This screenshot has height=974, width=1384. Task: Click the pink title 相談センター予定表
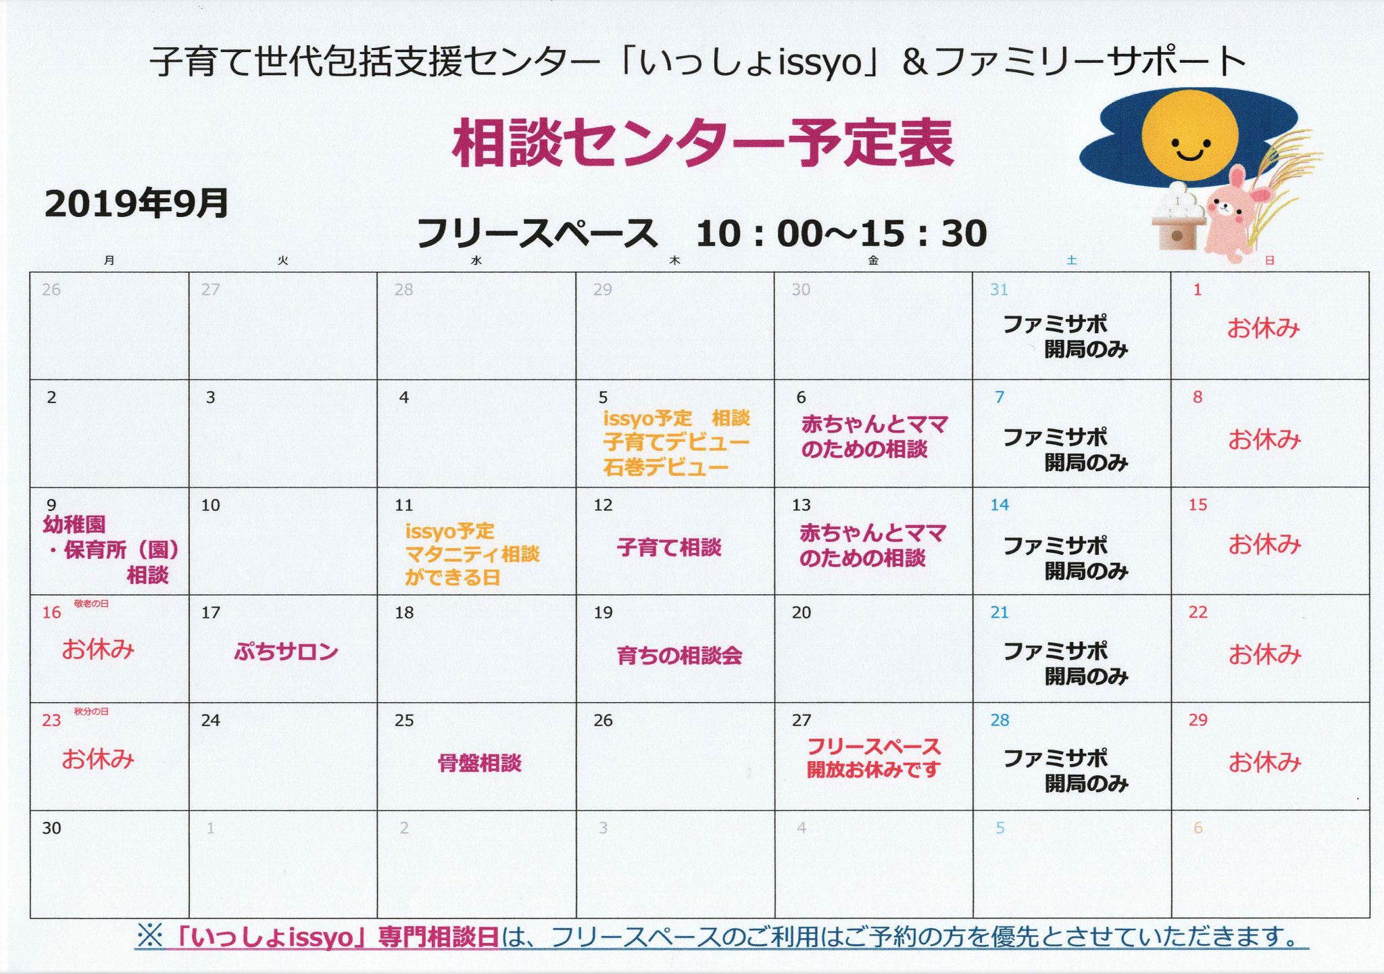click(703, 143)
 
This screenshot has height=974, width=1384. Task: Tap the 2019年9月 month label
click(137, 203)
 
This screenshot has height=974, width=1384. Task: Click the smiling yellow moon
click(1189, 137)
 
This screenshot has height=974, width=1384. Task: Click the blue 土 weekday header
click(1071, 260)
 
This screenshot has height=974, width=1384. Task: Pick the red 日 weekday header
click(1269, 260)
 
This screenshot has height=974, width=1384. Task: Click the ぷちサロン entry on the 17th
click(286, 652)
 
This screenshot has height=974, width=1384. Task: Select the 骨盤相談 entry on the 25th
click(480, 763)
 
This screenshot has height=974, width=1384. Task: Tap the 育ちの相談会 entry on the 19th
click(679, 655)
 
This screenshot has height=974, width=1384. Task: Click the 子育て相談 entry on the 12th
click(669, 547)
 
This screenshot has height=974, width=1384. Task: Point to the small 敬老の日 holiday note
click(91, 604)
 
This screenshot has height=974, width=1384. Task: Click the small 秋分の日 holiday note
click(91, 712)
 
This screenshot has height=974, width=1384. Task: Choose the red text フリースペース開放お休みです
click(874, 758)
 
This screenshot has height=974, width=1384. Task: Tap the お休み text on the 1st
click(1263, 328)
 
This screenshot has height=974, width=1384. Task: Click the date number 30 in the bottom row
click(51, 828)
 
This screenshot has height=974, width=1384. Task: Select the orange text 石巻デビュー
click(666, 467)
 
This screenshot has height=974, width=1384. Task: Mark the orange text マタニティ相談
click(472, 554)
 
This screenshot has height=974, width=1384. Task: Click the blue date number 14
click(999, 505)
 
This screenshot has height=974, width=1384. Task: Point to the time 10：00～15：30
click(841, 233)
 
